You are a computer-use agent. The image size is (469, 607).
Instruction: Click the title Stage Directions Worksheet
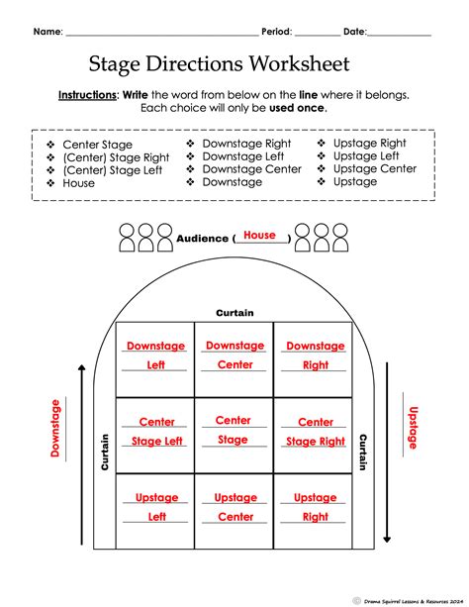coord(219,64)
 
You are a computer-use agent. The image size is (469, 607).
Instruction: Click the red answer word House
coord(259,236)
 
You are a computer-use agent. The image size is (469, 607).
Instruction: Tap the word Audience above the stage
coord(202,239)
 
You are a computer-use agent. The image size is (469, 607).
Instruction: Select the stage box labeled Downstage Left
coord(155,356)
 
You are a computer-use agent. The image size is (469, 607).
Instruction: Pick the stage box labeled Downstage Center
coord(234,355)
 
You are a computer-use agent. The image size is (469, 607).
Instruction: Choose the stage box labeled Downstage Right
coord(315,356)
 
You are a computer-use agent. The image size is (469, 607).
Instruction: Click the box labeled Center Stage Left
coord(155,433)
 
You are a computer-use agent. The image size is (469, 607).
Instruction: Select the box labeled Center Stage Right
coord(315,433)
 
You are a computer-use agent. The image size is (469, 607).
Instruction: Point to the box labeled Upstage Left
coord(155,508)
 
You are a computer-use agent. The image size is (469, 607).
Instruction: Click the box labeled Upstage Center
coord(234,508)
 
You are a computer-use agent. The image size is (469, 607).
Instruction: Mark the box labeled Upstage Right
coord(315,508)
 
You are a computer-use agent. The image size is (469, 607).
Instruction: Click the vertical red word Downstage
coord(56,429)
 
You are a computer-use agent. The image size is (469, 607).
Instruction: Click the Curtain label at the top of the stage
coord(234,313)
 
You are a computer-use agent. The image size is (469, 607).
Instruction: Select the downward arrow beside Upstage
coord(388,465)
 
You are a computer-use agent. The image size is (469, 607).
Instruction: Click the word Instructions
coord(88,95)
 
